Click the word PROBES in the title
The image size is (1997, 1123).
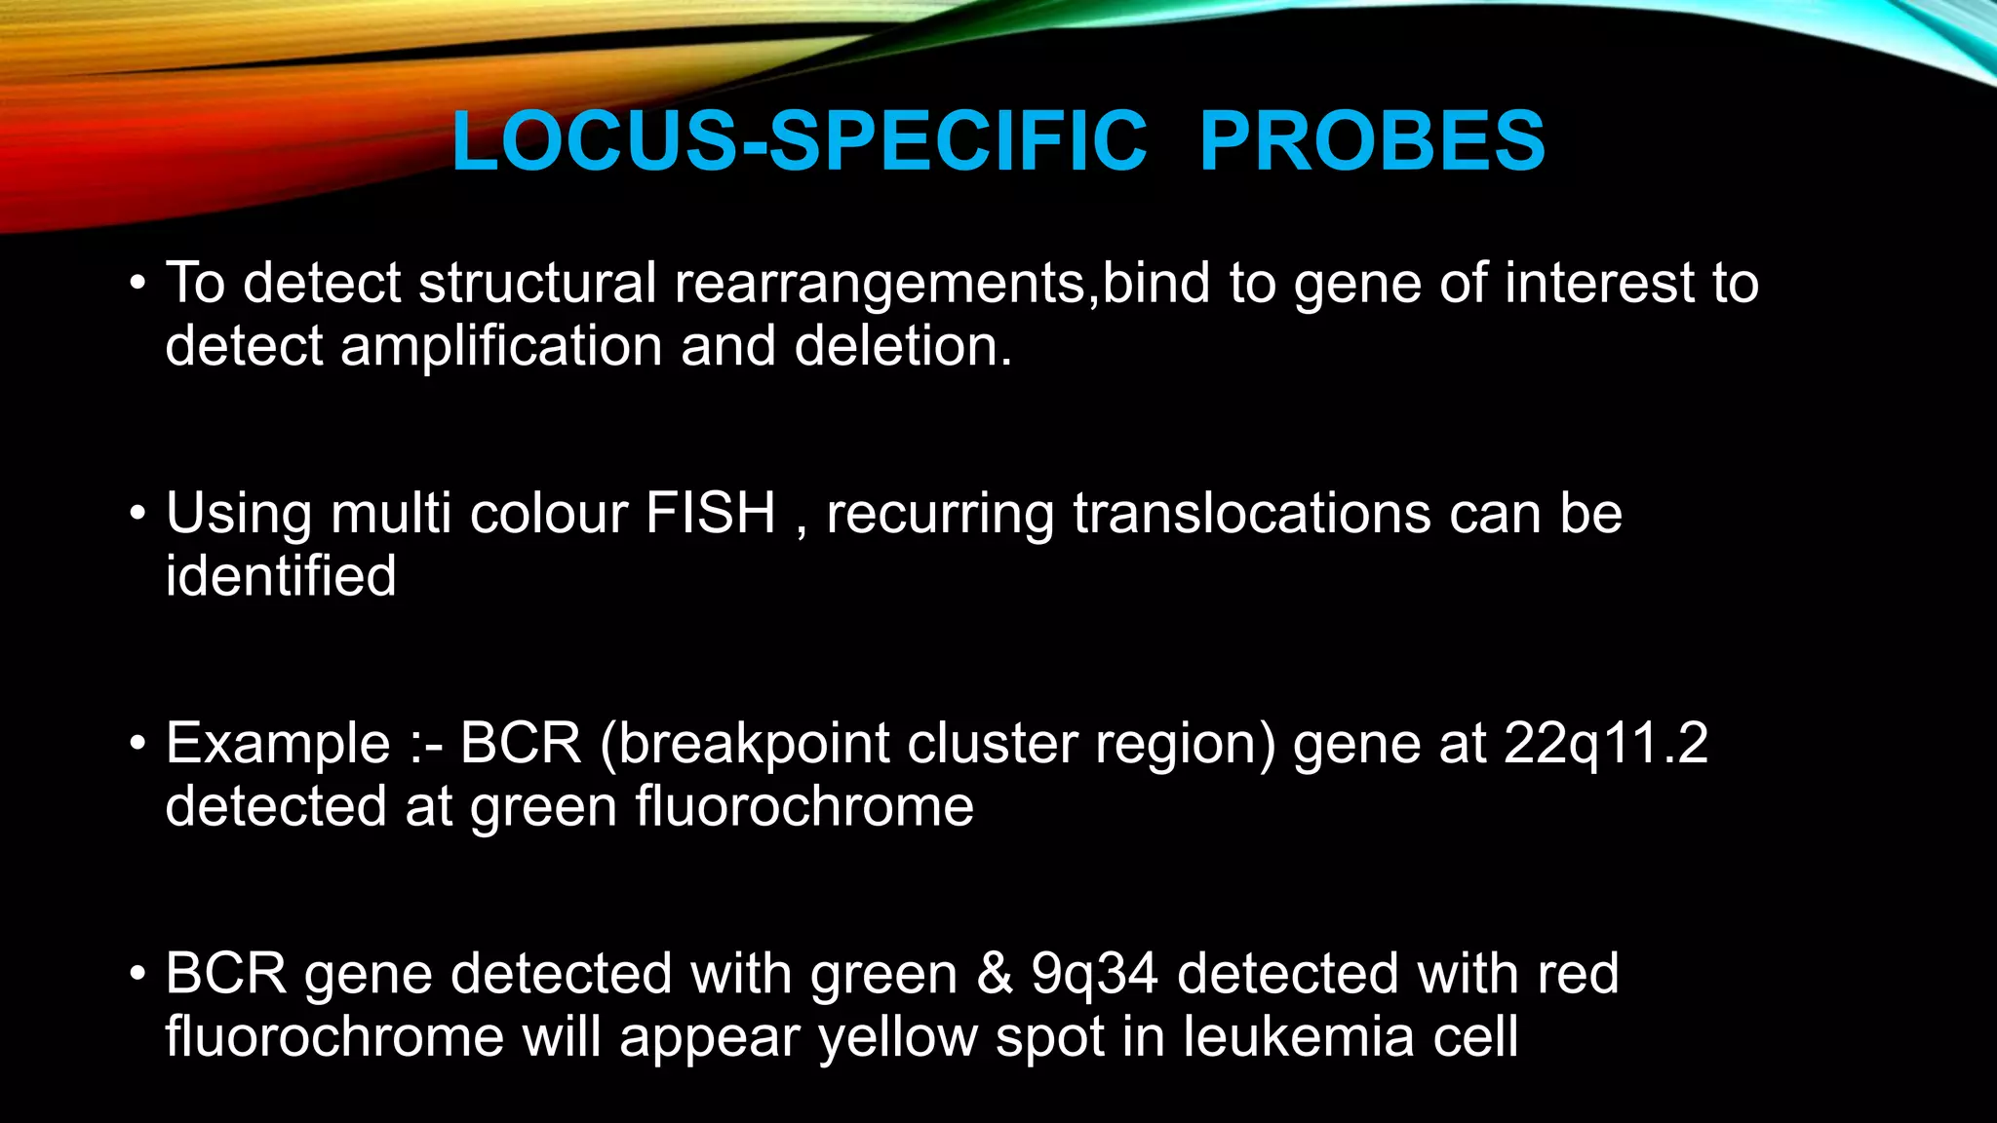coord(1371,141)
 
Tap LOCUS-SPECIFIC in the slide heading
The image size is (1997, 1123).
coord(800,141)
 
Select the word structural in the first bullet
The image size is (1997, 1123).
coord(537,284)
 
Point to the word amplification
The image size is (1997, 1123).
coord(501,347)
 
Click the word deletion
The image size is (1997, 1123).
coord(903,347)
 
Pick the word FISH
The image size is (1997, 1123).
coord(710,513)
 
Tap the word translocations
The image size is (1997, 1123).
coord(1252,513)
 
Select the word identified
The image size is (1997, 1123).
coord(281,576)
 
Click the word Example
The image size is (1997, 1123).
coord(278,745)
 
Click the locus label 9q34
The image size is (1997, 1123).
coord(1094,975)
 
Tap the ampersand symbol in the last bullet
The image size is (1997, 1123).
coord(994,975)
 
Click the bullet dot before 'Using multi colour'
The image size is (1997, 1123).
coord(137,514)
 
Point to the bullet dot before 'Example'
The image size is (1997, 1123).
coord(137,745)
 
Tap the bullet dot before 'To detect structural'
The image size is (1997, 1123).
coord(137,284)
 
